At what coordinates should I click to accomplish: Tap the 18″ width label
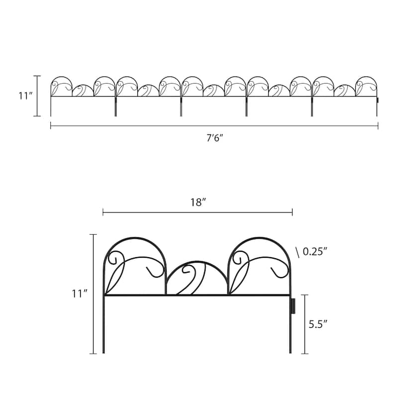[x=198, y=202]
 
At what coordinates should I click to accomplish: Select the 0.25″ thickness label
[x=316, y=252]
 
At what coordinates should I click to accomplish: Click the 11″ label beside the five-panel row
[x=25, y=96]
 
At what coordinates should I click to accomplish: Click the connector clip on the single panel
[x=293, y=304]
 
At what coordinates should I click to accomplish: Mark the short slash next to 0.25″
[x=298, y=252]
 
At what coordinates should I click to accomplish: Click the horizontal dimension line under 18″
[x=198, y=212]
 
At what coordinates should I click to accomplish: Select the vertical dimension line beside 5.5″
[x=305, y=323]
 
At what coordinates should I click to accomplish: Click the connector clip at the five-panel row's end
[x=377, y=100]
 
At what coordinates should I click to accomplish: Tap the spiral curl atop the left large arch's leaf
[x=113, y=258]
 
